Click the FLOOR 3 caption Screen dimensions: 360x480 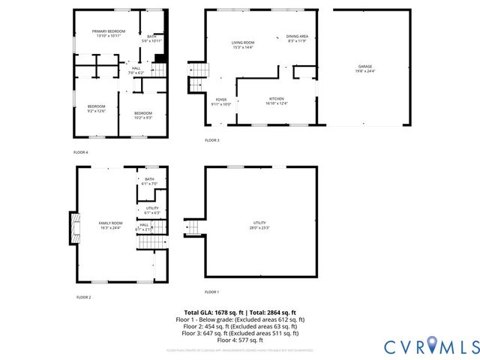(212, 140)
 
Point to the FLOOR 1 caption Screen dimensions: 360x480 (212, 292)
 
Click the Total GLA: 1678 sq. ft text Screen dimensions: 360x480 (211, 313)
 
